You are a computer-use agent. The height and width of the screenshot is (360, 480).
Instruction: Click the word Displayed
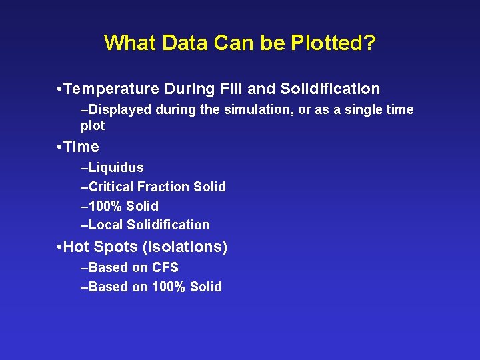click(117, 109)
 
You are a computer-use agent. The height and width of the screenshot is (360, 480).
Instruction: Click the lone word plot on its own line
click(93, 125)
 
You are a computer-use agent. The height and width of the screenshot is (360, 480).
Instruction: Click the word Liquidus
click(116, 167)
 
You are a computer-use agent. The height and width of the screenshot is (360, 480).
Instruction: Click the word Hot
click(77, 247)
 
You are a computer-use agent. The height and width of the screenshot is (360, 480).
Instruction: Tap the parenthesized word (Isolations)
click(184, 247)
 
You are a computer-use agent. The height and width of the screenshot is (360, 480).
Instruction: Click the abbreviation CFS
click(165, 267)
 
